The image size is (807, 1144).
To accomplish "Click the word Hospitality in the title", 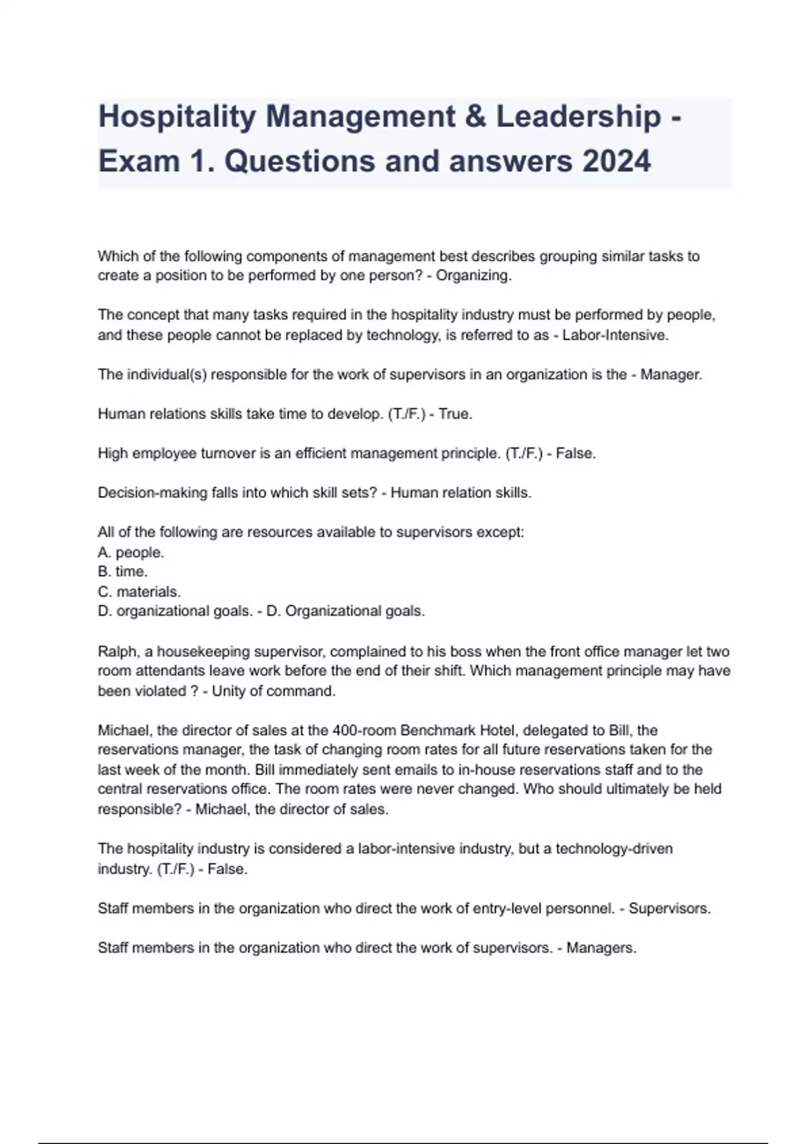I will tap(177, 117).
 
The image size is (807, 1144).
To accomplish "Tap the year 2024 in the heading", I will tap(617, 162).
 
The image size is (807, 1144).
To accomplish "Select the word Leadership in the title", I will tap(578, 117).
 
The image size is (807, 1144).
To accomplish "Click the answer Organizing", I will tap(473, 276).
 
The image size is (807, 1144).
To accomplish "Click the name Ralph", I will tap(116, 651).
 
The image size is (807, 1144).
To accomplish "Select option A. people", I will tap(131, 552).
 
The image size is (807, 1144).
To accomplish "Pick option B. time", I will tap(123, 572).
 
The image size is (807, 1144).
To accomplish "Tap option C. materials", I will tap(139, 592).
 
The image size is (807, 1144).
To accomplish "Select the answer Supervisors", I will tap(669, 908).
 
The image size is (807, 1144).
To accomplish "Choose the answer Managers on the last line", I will tap(601, 948).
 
